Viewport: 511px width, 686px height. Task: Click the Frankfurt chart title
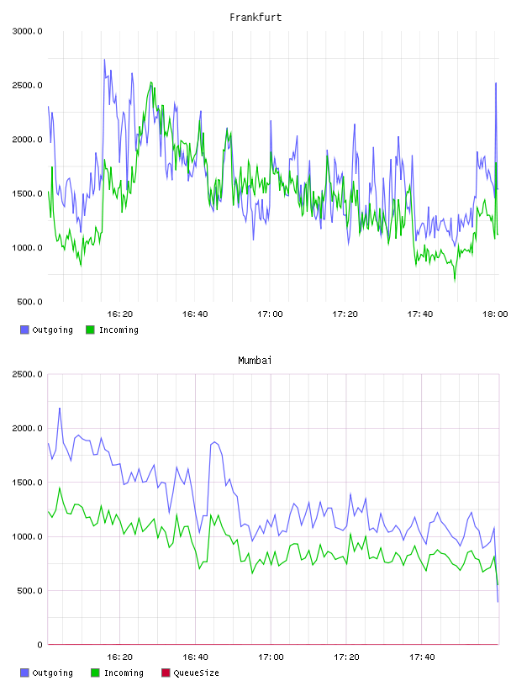(255, 18)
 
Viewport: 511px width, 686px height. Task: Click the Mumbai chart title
(255, 361)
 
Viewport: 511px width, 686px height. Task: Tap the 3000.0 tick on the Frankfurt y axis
(28, 31)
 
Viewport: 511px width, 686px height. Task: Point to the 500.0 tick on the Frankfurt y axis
(29, 302)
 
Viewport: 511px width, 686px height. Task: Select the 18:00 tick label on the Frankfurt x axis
(495, 314)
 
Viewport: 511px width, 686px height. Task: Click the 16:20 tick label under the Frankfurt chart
(120, 314)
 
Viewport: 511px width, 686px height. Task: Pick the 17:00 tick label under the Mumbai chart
(271, 657)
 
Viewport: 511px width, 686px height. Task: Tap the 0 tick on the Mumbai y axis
(40, 645)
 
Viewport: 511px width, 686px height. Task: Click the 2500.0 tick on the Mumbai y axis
(28, 374)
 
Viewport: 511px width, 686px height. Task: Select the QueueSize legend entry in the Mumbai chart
(190, 673)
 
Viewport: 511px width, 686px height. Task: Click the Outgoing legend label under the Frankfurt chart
(52, 330)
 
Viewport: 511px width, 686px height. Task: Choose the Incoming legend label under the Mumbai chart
(124, 673)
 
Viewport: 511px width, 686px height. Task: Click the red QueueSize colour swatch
(166, 673)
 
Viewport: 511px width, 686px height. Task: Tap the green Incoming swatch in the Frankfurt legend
(90, 330)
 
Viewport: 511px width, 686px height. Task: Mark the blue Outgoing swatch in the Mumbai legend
(24, 673)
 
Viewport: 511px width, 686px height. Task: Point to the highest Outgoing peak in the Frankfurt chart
(104, 59)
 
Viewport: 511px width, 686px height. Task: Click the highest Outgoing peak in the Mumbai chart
(60, 409)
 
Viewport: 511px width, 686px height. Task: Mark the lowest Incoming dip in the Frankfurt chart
(455, 280)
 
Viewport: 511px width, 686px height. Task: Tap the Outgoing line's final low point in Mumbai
(498, 602)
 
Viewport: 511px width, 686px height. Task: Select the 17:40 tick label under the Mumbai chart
(422, 657)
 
